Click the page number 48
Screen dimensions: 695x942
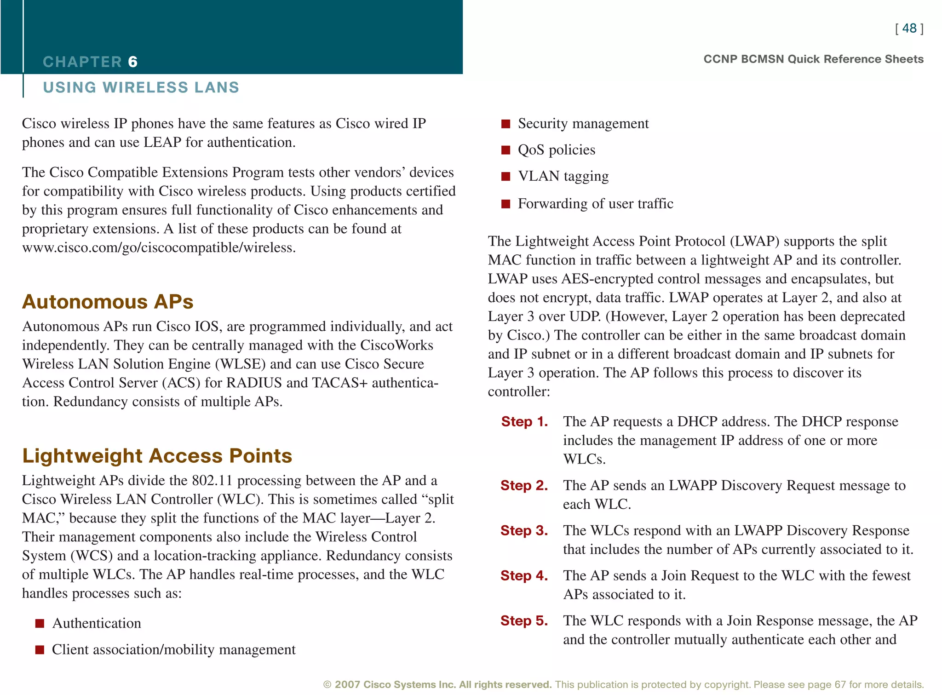(909, 29)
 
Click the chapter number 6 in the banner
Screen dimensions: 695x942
(132, 62)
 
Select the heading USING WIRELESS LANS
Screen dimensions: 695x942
(141, 87)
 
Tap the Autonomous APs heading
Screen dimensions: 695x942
(108, 302)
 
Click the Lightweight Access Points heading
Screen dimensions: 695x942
(157, 456)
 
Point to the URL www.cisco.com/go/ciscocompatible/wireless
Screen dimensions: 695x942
(158, 247)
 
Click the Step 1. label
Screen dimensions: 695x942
(524, 421)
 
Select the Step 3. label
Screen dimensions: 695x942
(524, 530)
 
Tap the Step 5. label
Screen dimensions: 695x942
(524, 620)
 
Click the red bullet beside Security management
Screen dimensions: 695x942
(505, 124)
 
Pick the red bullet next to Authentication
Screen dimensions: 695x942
(40, 623)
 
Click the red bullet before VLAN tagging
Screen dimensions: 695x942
(505, 177)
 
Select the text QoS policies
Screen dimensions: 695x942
(556, 150)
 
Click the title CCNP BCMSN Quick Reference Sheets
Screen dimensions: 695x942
(813, 59)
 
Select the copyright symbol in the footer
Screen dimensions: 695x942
(327, 684)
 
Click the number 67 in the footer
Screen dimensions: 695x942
(840, 684)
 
